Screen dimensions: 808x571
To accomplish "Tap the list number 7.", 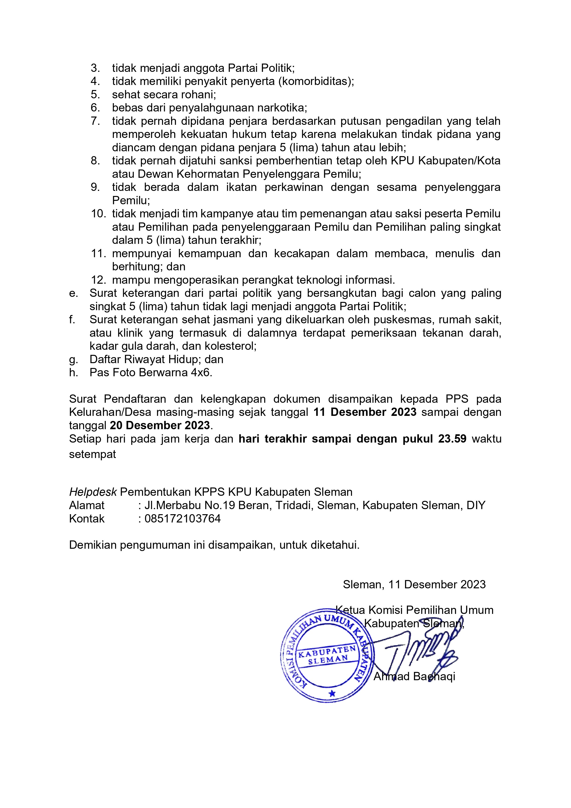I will (x=95, y=121).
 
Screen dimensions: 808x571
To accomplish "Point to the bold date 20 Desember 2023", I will (x=160, y=426).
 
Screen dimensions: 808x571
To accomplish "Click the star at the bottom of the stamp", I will (x=332, y=694).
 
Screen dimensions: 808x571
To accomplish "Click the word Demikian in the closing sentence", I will (x=93, y=545).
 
